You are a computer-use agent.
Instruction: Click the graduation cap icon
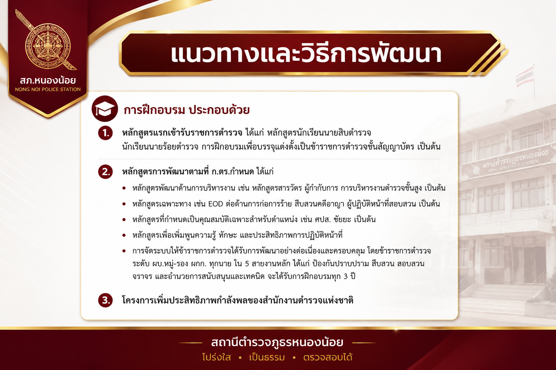pyautogui.click(x=105, y=108)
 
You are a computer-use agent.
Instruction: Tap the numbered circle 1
pyautogui.click(x=105, y=133)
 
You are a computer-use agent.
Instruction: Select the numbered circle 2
pyautogui.click(x=105, y=172)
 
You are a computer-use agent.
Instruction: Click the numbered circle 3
pyautogui.click(x=105, y=300)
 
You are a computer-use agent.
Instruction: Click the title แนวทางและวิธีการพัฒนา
pyautogui.click(x=306, y=53)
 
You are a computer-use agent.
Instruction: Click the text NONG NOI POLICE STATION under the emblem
pyautogui.click(x=48, y=90)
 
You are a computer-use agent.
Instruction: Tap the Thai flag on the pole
pyautogui.click(x=525, y=77)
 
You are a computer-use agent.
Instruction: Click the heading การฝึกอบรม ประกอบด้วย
pyautogui.click(x=187, y=110)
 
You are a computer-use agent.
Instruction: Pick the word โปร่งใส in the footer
pyautogui.click(x=216, y=357)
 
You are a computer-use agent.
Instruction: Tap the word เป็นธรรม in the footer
pyautogui.click(x=267, y=357)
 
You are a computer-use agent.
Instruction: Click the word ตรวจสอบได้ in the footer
pyautogui.click(x=328, y=357)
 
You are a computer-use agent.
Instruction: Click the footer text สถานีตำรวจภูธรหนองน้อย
pyautogui.click(x=277, y=342)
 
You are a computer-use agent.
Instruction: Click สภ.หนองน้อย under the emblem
pyautogui.click(x=48, y=80)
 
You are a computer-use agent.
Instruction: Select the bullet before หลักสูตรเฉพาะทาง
pyautogui.click(x=124, y=204)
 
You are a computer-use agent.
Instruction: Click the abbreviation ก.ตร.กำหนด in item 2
pyautogui.click(x=233, y=172)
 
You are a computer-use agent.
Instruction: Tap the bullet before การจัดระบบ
pyautogui.click(x=124, y=251)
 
